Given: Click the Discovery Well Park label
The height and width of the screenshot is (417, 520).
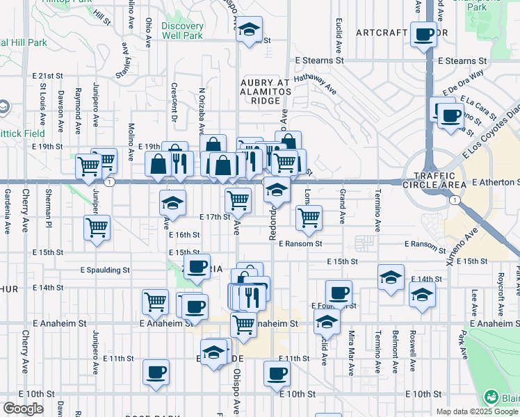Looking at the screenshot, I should click(x=182, y=30).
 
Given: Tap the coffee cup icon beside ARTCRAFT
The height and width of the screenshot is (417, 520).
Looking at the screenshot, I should click(x=423, y=34).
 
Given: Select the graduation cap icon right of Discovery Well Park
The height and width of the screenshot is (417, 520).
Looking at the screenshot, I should click(x=248, y=31).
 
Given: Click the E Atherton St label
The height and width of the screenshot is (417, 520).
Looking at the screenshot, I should click(x=495, y=182).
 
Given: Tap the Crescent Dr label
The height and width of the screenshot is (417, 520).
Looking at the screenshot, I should click(x=174, y=101).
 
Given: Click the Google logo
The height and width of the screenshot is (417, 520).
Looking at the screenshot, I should click(x=23, y=409).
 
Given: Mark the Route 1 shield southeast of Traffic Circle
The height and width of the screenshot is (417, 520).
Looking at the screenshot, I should click(x=453, y=200).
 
